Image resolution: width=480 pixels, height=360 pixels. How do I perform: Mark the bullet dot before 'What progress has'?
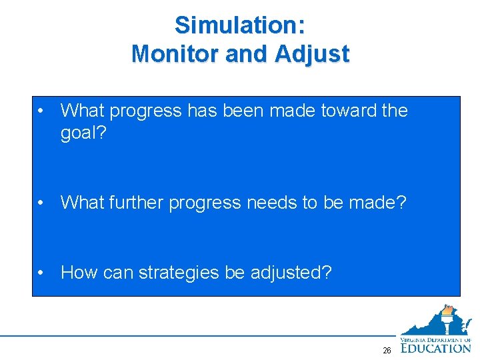(42, 111)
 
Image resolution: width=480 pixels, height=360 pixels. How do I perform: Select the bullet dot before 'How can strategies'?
(42, 273)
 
